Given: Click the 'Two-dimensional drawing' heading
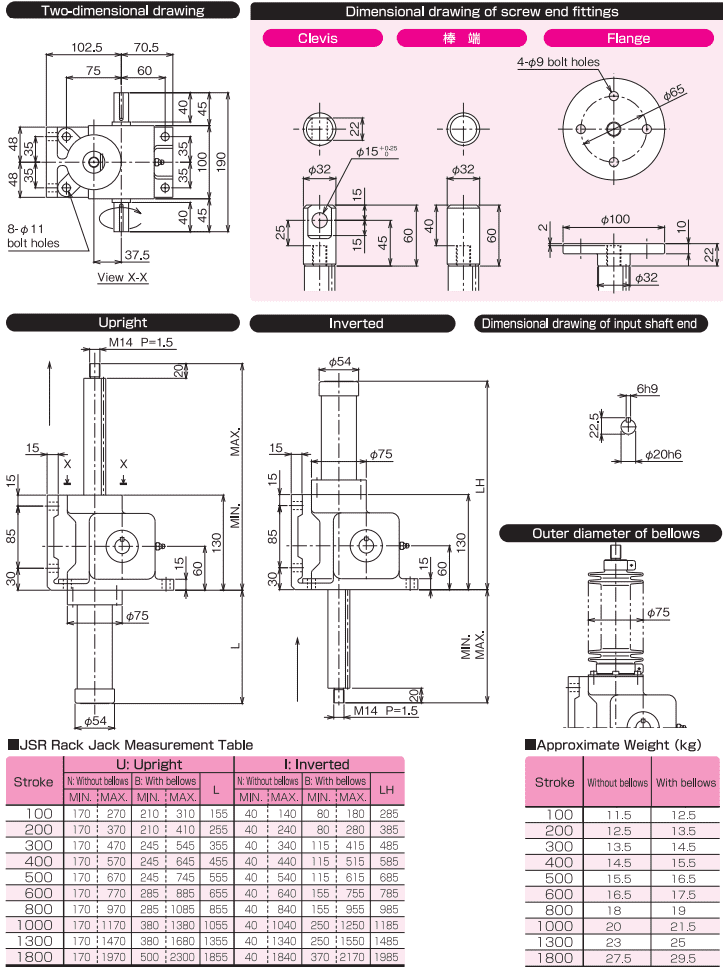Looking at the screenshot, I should [123, 11].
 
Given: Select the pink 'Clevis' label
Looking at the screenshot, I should [317, 38].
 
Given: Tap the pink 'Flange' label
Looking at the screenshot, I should [627, 38].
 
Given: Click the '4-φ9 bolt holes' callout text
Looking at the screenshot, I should [559, 61].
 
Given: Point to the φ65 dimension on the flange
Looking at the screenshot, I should [673, 91].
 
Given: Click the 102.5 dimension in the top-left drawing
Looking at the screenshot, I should [88, 47].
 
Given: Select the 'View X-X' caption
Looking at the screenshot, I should [123, 277].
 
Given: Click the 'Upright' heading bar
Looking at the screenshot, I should [123, 322].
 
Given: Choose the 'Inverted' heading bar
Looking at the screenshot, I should [356, 323].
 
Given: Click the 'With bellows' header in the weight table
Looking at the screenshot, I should [685, 783].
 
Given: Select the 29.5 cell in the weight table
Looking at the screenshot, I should [685, 958].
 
